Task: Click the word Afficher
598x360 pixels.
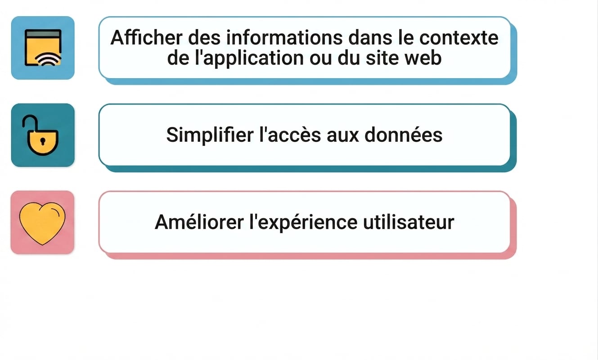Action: (x=147, y=38)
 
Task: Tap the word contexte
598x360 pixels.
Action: (x=459, y=38)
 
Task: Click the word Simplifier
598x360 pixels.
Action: (x=210, y=135)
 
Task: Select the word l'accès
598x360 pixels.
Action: (x=290, y=135)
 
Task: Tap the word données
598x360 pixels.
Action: (x=403, y=135)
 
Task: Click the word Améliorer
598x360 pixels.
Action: (x=199, y=222)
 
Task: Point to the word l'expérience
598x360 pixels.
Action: (x=303, y=222)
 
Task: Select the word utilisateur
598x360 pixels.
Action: (x=409, y=222)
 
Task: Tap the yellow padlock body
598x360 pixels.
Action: (x=43, y=143)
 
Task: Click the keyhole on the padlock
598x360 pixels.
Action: (x=43, y=141)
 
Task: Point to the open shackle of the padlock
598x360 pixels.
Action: (x=30, y=121)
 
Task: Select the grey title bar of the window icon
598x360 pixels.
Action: (x=43, y=34)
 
